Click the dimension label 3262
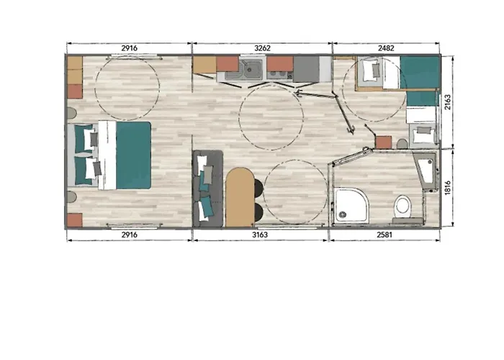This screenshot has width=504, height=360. [262, 48]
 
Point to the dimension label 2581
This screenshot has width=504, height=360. [384, 235]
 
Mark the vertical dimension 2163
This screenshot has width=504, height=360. [448, 102]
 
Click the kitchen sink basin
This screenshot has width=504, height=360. [252, 68]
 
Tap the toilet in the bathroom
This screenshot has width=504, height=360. [402, 206]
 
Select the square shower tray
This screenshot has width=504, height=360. [351, 204]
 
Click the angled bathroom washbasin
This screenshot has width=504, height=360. [426, 171]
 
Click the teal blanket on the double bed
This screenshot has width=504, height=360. [133, 155]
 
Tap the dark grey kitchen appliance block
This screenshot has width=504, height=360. [306, 68]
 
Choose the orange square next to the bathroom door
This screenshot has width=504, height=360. [383, 142]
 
